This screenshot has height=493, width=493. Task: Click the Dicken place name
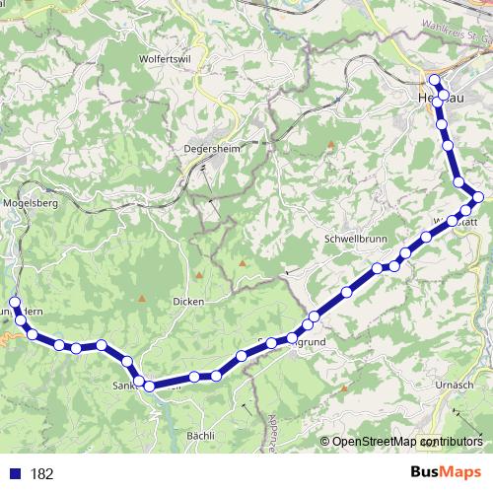click(x=187, y=301)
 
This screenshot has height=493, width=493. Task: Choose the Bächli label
click(x=201, y=435)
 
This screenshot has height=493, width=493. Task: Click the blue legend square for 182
click(x=15, y=474)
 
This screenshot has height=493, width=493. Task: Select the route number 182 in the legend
click(x=41, y=474)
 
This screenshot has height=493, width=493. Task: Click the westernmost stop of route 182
click(x=14, y=303)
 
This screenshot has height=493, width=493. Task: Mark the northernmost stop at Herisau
click(x=434, y=79)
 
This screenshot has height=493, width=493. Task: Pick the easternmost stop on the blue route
click(x=478, y=198)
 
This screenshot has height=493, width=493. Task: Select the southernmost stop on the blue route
click(x=150, y=387)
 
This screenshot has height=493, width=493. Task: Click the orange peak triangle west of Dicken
click(x=141, y=299)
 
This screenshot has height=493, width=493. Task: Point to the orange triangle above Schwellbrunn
click(x=330, y=145)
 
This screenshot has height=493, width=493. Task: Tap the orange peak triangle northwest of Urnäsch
click(x=344, y=388)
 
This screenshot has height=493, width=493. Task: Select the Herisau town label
click(x=434, y=100)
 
